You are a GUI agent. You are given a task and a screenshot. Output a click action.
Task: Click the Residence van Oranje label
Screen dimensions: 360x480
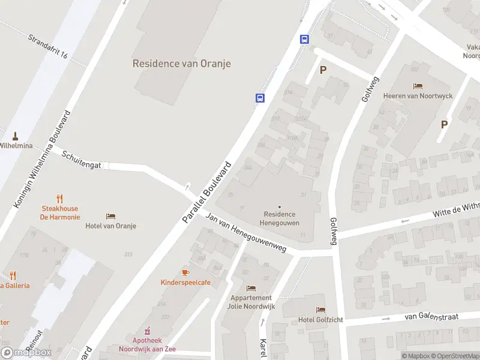[x=181, y=63]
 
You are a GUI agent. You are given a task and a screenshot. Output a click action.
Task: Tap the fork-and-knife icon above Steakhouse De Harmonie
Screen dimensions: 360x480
[x=59, y=199]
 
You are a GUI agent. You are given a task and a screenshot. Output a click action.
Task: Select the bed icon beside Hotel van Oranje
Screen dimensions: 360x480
[x=110, y=216]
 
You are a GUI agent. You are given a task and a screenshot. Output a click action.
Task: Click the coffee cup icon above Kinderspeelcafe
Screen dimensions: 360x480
[x=185, y=272]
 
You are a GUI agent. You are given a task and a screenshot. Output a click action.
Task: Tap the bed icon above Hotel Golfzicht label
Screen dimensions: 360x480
[x=320, y=310]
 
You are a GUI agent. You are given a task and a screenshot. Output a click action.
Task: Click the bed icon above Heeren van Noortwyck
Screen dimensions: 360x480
[x=418, y=86]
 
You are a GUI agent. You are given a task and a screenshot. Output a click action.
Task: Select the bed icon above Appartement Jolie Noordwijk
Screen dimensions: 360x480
[x=250, y=288]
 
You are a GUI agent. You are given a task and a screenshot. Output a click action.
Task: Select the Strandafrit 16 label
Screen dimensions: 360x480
[x=47, y=46]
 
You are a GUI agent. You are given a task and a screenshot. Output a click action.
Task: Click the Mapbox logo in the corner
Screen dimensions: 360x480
[x=26, y=353]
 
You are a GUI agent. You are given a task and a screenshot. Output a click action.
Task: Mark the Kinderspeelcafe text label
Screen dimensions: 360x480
[x=185, y=283]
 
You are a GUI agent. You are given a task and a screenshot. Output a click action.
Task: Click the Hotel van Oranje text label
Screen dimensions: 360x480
[x=110, y=226]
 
